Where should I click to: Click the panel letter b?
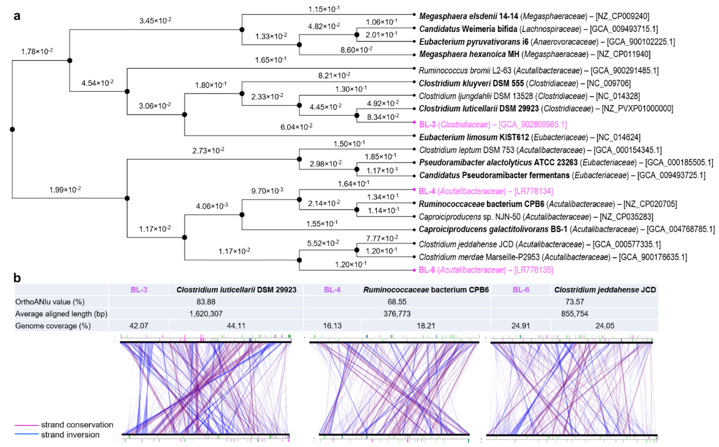click(17, 278)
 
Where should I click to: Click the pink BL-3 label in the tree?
click(427, 124)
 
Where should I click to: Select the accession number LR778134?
click(533, 191)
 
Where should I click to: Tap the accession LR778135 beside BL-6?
click(533, 270)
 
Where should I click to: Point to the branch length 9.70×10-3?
click(267, 191)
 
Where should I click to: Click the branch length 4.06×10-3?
click(212, 206)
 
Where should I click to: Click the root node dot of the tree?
click(12, 129)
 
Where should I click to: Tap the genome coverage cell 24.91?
click(521, 326)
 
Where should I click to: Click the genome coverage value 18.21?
click(425, 326)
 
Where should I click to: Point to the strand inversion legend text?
click(70, 435)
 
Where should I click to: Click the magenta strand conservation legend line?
click(27, 425)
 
